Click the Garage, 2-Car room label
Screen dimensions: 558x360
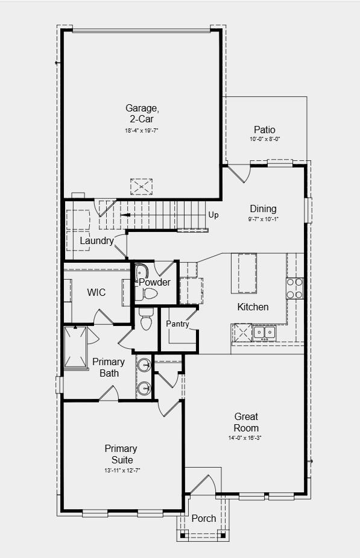tap(142, 113)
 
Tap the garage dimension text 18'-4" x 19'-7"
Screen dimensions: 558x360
tap(142, 130)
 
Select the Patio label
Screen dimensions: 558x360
tap(264, 130)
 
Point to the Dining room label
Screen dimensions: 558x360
tap(263, 209)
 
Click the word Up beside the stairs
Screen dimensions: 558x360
tap(213, 215)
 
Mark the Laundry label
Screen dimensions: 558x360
tap(97, 241)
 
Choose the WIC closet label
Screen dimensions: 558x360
tap(96, 292)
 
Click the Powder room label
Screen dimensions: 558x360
tap(155, 282)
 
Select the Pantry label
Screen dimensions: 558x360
tap(178, 324)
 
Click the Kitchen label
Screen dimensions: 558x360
tap(253, 307)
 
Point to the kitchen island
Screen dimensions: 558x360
tap(247, 272)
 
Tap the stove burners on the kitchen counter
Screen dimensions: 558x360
tap(294, 288)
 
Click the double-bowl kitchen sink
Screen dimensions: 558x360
tap(265, 331)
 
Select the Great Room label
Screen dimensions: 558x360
tap(246, 422)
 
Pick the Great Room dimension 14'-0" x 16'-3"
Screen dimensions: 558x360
tap(245, 437)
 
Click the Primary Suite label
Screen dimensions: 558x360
tap(121, 454)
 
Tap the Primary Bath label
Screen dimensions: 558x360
tap(109, 368)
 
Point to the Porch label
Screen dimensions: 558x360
tap(204, 518)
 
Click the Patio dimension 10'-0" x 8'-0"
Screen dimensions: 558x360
tap(264, 139)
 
